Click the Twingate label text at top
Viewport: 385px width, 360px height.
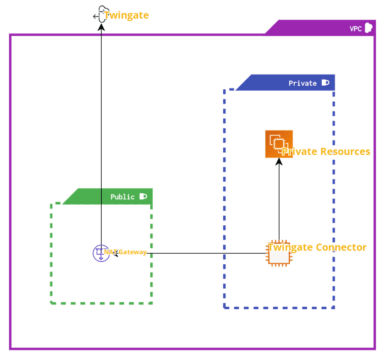point(126,16)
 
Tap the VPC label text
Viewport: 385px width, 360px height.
point(355,29)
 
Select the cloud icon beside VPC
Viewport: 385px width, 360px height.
point(368,28)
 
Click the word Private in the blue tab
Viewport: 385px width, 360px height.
point(302,83)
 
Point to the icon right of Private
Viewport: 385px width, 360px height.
point(325,83)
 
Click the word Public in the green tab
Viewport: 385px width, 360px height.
point(122,197)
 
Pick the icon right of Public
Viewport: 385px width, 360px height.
point(143,196)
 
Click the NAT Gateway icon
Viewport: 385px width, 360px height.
point(101,253)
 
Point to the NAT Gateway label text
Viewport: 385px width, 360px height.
point(126,252)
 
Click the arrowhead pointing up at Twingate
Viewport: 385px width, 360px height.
point(101,27)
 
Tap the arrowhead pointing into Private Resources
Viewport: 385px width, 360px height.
point(279,161)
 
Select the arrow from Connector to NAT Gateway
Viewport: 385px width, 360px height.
point(192,253)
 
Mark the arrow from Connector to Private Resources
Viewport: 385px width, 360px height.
point(279,202)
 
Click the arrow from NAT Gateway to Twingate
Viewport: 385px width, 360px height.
point(101,137)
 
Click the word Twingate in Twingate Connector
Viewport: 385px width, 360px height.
point(291,248)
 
